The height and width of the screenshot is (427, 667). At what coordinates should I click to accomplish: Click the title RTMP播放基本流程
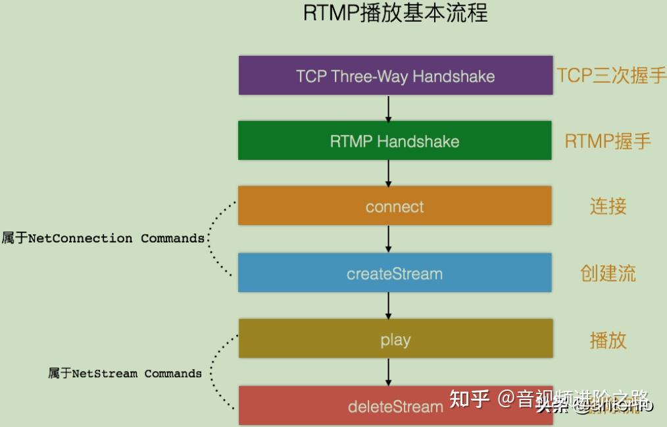[x=395, y=13]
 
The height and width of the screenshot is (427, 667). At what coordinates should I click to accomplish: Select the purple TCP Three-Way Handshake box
[x=395, y=76]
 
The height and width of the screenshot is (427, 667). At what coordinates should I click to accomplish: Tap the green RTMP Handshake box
[x=395, y=141]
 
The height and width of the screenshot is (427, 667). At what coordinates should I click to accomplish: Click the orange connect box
[x=395, y=206]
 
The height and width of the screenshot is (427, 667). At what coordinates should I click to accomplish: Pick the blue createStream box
[x=395, y=273]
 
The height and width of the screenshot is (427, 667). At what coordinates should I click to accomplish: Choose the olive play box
[x=395, y=339]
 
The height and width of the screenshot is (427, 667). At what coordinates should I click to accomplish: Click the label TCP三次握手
[x=611, y=76]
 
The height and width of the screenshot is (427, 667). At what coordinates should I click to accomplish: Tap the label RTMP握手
[x=608, y=141]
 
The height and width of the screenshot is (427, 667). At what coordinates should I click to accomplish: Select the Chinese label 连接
[x=608, y=206]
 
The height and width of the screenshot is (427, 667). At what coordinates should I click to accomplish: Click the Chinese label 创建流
[x=608, y=273]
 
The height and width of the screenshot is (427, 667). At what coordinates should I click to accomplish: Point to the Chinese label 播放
[x=608, y=339]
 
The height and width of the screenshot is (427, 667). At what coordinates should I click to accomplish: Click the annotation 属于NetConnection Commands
[x=103, y=238]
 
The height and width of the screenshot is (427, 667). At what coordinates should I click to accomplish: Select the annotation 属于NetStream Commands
[x=125, y=373]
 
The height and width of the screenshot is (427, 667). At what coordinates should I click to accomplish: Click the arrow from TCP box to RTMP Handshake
[x=388, y=109]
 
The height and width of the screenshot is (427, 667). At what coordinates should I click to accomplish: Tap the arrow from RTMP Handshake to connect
[x=388, y=173]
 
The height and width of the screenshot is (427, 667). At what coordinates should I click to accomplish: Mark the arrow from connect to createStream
[x=388, y=239]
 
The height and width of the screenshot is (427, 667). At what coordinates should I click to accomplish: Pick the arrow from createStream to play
[x=388, y=306]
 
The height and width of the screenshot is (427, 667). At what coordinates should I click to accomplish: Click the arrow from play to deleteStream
[x=388, y=372]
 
